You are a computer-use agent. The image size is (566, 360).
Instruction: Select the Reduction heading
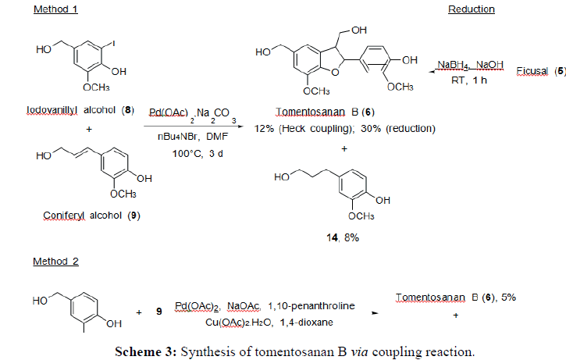[472, 9]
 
